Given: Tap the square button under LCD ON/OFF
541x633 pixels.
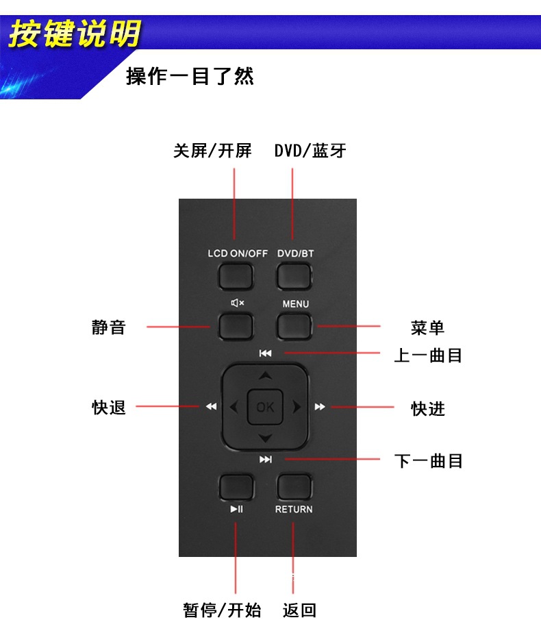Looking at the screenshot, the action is (x=236, y=277).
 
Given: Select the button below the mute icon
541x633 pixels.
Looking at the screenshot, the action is (x=236, y=326).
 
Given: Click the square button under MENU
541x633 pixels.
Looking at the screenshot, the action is (x=294, y=326).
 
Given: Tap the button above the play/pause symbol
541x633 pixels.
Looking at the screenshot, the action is (x=236, y=487).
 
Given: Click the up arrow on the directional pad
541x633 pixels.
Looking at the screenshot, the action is (x=266, y=375).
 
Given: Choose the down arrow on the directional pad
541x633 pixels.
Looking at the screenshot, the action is (x=266, y=438).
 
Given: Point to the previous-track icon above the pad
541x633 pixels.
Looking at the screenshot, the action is (x=266, y=353).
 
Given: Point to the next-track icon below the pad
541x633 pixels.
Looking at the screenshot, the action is (x=266, y=459).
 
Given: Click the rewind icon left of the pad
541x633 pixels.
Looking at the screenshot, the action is (x=211, y=407).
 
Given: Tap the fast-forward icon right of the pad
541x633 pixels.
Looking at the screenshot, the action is (x=320, y=407).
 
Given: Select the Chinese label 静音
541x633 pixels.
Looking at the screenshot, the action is (x=109, y=327).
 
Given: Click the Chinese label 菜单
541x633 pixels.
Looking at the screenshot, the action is (x=428, y=327).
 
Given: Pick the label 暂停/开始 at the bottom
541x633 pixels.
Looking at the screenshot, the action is (x=222, y=610).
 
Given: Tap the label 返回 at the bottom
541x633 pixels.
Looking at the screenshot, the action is (x=300, y=610).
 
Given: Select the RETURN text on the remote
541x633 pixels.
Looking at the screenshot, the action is (x=294, y=509).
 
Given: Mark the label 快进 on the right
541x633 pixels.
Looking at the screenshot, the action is (x=428, y=408).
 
